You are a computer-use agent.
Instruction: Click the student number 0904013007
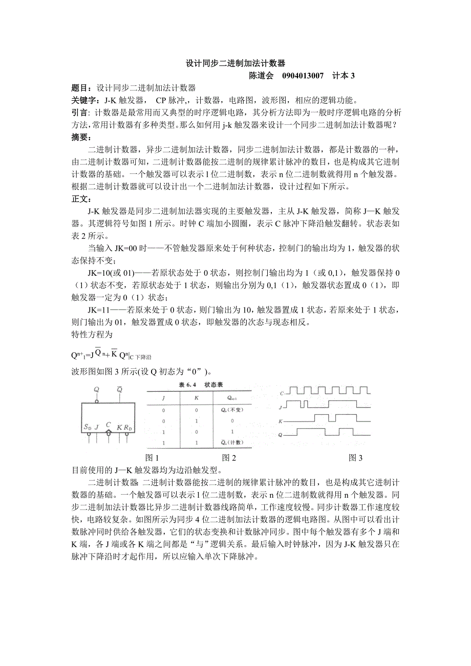303,76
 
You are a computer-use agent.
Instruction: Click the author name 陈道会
261,76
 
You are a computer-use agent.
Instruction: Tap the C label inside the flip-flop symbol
108,425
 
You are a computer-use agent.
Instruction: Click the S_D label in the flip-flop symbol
88,427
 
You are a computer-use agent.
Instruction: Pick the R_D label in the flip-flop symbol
127,427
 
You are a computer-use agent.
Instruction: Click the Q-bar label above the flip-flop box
119,390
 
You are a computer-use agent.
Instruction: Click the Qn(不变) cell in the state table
235,410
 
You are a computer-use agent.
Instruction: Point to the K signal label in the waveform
281,421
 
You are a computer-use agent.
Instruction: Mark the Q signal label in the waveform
281,435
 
